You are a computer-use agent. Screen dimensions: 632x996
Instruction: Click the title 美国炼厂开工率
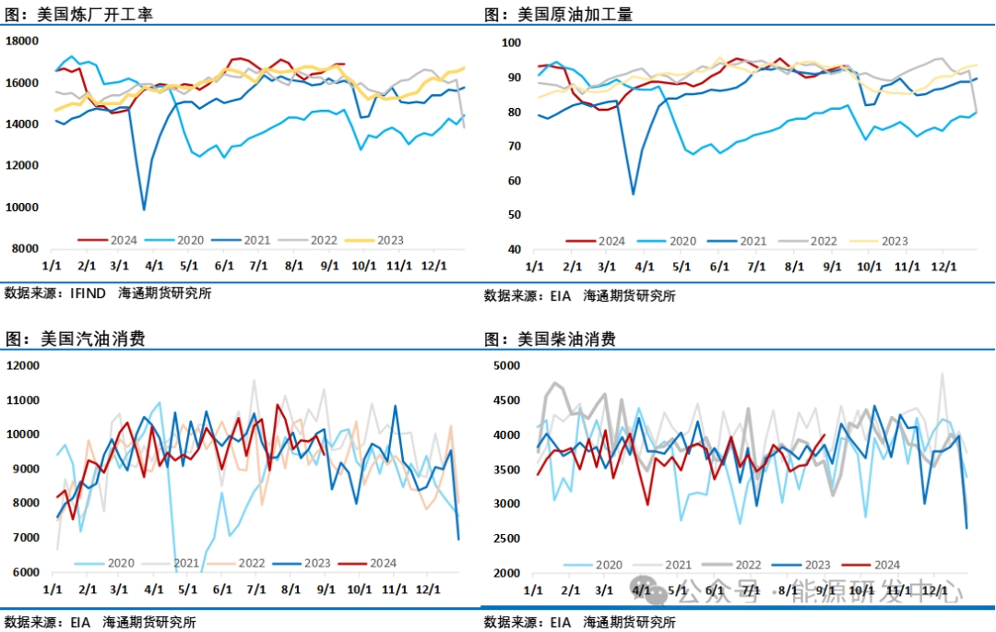(x=96, y=15)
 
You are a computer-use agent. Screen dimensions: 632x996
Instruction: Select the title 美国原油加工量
(x=577, y=15)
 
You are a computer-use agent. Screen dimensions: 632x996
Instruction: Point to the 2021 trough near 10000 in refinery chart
(x=144, y=209)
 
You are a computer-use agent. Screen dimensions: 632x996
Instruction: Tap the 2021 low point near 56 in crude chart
(x=633, y=194)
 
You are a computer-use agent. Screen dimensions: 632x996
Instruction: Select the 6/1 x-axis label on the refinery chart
(x=223, y=266)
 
